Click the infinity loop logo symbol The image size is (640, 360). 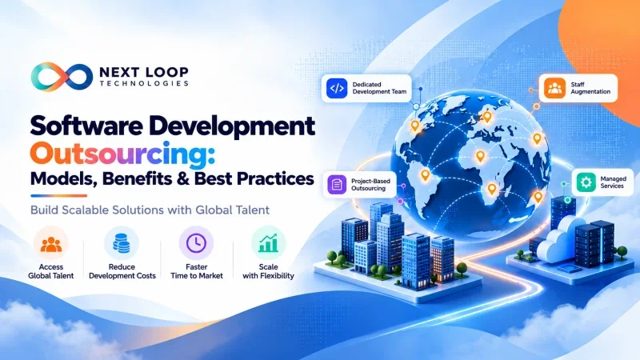pyautogui.click(x=62, y=77)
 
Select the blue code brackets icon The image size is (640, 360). pyautogui.click(x=337, y=88)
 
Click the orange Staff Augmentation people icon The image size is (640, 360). pyautogui.click(x=554, y=88)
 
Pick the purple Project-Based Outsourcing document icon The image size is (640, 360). pyautogui.click(x=337, y=185)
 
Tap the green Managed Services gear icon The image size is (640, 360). pyautogui.click(x=586, y=182)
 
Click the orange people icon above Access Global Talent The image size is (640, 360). pyautogui.click(x=51, y=244)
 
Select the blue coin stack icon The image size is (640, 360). pyautogui.click(x=122, y=243)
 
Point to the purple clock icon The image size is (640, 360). pyautogui.click(x=196, y=243)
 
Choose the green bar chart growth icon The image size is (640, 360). pyautogui.click(x=268, y=243)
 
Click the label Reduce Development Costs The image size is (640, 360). pyautogui.click(x=122, y=271)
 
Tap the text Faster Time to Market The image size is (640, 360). pyautogui.click(x=197, y=271)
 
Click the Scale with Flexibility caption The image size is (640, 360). pyautogui.click(x=268, y=271)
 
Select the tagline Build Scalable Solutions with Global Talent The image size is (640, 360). pyautogui.click(x=150, y=210)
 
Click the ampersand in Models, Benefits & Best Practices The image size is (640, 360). pyautogui.click(x=183, y=178)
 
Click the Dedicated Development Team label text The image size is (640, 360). pyautogui.click(x=379, y=88)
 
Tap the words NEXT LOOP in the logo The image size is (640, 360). pyautogui.click(x=144, y=72)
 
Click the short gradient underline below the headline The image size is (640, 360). pyautogui.click(x=58, y=195)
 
